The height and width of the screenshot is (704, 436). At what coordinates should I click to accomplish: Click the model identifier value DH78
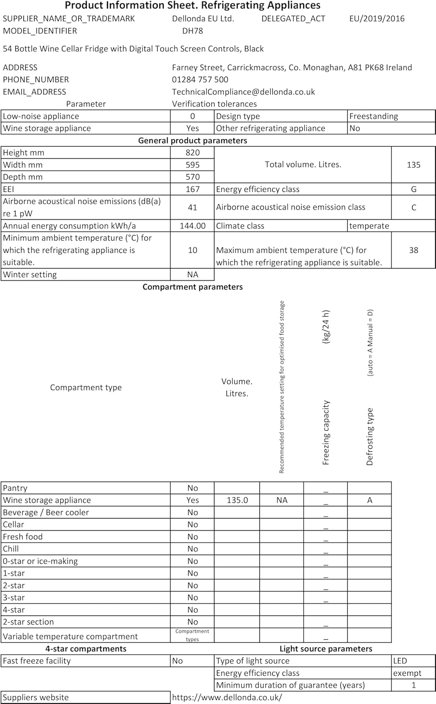point(192,31)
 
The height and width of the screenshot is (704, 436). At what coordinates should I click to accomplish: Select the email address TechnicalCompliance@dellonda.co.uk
point(243,92)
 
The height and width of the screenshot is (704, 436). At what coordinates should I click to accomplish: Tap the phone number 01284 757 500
point(200,80)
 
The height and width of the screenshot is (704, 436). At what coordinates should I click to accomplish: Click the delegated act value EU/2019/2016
point(376,19)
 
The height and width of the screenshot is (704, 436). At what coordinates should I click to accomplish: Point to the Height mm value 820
point(192,153)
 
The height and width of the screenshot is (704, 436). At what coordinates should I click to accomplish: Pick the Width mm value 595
point(192,165)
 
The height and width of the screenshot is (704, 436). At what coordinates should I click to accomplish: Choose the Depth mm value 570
point(192,177)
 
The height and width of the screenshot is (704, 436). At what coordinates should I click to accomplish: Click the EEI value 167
point(192,189)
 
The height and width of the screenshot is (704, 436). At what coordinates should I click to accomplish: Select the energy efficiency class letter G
point(413,189)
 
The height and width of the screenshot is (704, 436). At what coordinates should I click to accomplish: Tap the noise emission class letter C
point(413,207)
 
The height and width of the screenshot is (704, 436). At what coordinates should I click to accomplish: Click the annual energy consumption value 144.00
point(192,226)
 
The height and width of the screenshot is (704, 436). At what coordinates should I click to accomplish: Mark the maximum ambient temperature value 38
point(413,250)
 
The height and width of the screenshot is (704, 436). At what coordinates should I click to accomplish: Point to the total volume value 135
point(413,165)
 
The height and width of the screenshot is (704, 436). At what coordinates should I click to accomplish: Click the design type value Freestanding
point(374,116)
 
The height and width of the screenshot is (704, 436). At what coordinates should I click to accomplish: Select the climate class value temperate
point(369,226)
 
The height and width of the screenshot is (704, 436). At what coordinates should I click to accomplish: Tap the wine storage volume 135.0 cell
point(237,500)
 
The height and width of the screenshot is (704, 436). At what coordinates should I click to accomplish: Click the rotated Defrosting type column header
point(370,436)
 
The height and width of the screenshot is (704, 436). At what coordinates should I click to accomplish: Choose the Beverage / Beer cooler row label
point(46,513)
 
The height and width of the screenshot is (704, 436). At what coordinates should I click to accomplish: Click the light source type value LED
point(400,661)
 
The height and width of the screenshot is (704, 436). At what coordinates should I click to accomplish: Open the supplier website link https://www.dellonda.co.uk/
point(227,697)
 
